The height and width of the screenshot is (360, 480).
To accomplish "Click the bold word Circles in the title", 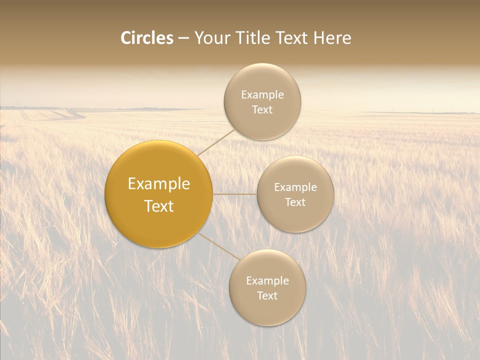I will pyautogui.click(x=146, y=38).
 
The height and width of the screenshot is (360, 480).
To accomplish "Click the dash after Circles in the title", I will pyautogui.click(x=183, y=38).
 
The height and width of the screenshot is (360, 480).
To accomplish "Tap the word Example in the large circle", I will pyautogui.click(x=159, y=184).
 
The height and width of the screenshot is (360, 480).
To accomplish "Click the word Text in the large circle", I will pyautogui.click(x=159, y=206).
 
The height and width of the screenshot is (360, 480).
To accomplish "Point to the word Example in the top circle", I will pyautogui.click(x=262, y=95).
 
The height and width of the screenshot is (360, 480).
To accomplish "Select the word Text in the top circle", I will pyautogui.click(x=262, y=110).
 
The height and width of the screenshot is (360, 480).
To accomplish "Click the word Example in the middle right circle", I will pyautogui.click(x=295, y=187).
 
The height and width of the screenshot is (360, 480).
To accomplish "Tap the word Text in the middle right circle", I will pyautogui.click(x=295, y=202).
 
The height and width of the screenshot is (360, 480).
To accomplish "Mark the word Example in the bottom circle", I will pyautogui.click(x=267, y=281).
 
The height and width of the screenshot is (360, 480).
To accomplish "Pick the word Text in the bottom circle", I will pyautogui.click(x=267, y=296).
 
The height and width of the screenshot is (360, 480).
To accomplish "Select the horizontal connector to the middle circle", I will pyautogui.click(x=235, y=194).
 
